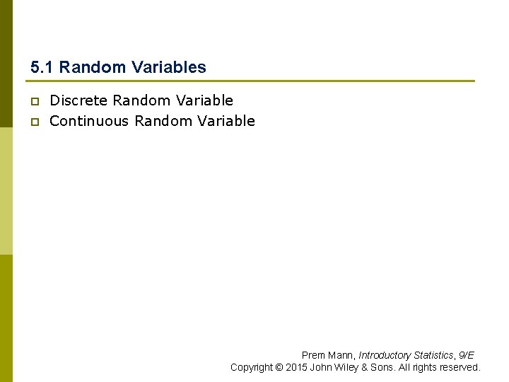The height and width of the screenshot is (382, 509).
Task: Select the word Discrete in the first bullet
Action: (78, 101)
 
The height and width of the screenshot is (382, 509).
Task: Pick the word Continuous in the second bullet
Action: (90, 121)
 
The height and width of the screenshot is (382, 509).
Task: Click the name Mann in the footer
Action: (340, 355)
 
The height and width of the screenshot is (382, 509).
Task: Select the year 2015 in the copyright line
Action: (296, 367)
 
